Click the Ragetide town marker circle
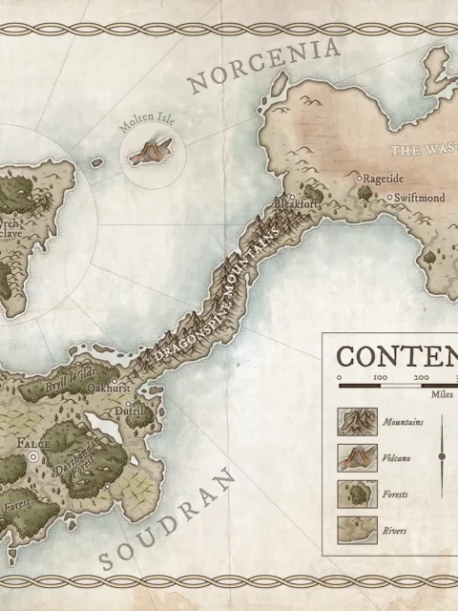361,179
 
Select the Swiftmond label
421,197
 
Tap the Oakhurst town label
110,389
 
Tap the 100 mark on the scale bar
380,378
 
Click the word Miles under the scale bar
441,393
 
